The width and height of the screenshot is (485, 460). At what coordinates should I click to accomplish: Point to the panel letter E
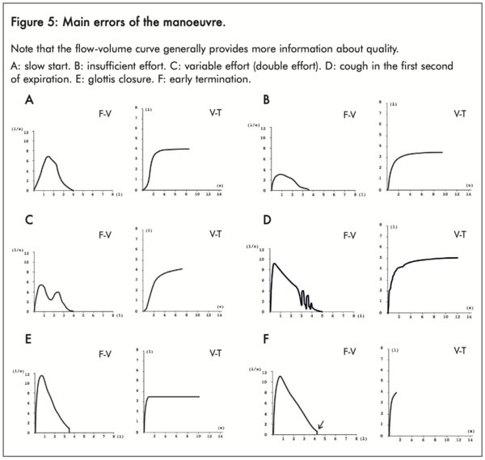29,339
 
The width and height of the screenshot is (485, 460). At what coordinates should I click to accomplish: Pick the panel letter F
267,339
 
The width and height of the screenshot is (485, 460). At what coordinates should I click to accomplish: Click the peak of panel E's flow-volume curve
41,375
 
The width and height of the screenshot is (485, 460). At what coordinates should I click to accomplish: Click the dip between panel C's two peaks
51,299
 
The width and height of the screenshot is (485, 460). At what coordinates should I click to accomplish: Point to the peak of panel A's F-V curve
48,157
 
